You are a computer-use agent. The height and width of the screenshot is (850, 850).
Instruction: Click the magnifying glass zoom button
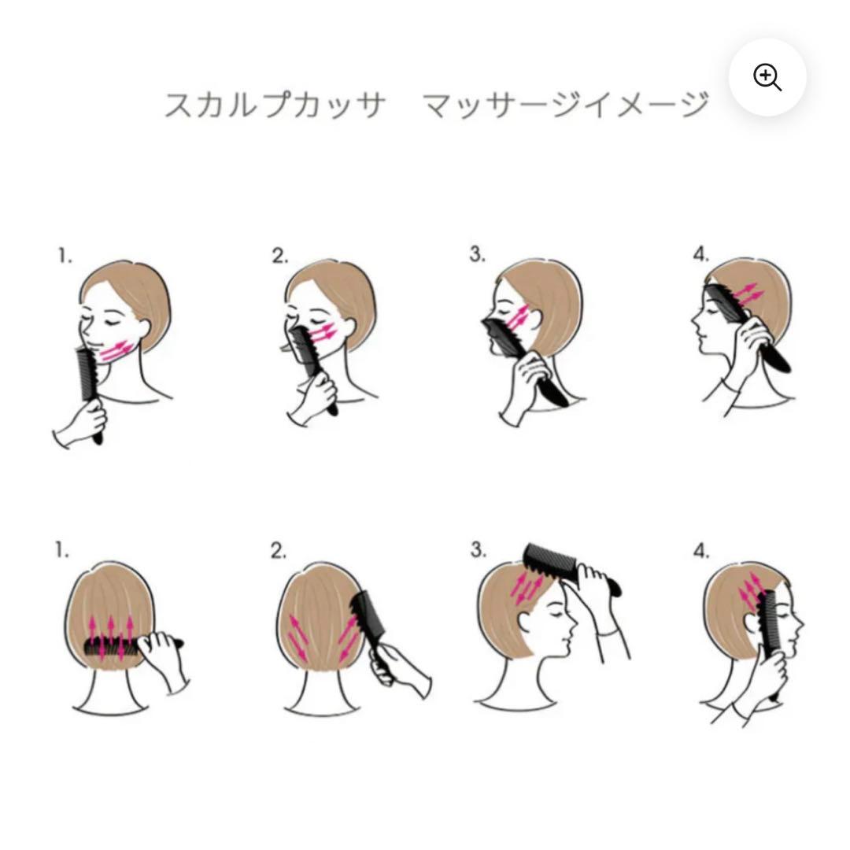tap(767, 77)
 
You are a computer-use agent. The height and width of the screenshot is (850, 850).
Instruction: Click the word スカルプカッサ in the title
tap(275, 105)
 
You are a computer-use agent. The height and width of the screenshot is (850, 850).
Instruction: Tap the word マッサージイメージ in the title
tap(565, 105)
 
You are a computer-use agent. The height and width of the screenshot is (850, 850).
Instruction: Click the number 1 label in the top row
tap(65, 256)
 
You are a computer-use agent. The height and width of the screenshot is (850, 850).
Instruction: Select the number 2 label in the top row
tap(279, 256)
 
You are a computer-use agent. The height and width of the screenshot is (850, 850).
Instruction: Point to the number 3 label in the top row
tap(477, 254)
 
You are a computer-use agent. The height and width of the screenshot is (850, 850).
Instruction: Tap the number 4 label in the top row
tap(701, 254)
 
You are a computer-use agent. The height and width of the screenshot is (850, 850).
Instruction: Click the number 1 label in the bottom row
tap(62, 551)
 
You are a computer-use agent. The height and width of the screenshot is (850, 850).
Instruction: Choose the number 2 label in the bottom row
tap(279, 551)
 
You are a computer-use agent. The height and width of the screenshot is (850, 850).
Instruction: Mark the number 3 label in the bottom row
tap(479, 549)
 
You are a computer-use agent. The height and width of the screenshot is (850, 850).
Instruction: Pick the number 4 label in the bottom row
tap(701, 551)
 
